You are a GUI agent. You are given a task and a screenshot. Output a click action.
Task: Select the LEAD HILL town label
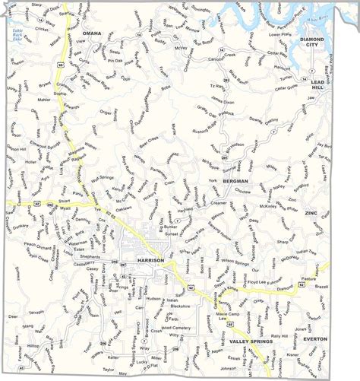click(317, 85)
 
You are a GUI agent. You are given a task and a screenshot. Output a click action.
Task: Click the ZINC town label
click(314, 214)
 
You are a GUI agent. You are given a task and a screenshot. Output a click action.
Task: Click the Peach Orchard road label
click(39, 245)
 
